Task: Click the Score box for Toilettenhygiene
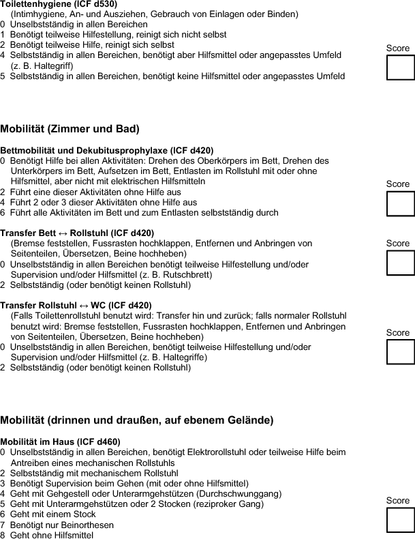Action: (400, 68)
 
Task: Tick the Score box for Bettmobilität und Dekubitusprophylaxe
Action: (400, 203)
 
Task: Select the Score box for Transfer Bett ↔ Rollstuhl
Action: (400, 263)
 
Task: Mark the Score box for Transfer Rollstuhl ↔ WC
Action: (400, 351)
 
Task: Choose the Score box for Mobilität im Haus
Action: (400, 519)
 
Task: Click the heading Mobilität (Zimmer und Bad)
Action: (70, 128)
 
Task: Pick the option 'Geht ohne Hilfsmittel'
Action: (52, 535)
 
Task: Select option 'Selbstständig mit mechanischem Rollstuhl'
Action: (94, 473)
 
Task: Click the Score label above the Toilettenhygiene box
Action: (398, 48)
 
